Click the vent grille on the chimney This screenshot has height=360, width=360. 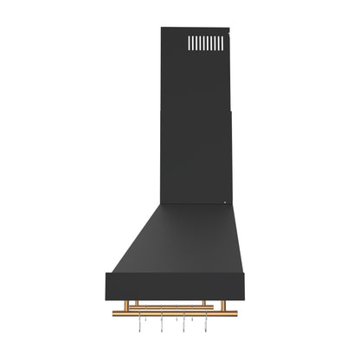coord(205,43)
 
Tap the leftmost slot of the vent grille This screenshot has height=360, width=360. coord(192,43)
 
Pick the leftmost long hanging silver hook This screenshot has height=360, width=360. coord(144,325)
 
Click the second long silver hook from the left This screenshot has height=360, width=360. coord(162,325)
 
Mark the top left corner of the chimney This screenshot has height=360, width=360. coord(162,29)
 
